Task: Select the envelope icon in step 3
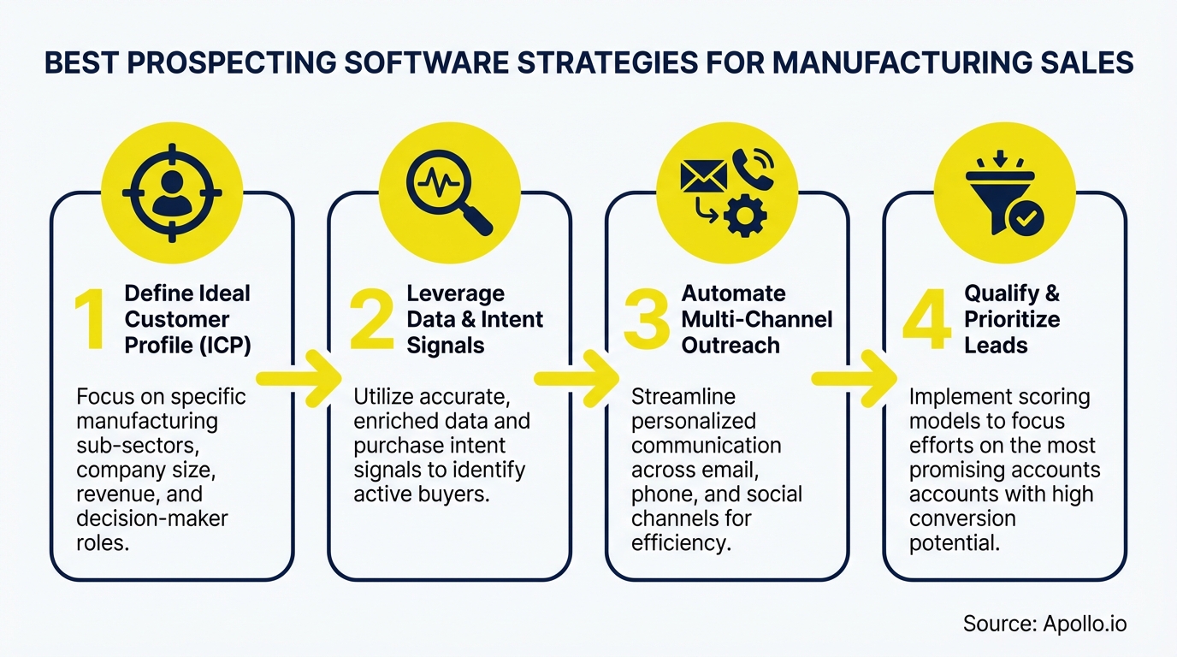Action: (x=703, y=175)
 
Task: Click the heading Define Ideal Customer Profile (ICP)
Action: (x=187, y=319)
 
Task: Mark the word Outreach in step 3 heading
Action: (x=719, y=345)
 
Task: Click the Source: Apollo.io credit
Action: (x=1044, y=623)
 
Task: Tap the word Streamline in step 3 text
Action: (x=683, y=397)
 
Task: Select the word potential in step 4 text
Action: (x=954, y=543)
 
